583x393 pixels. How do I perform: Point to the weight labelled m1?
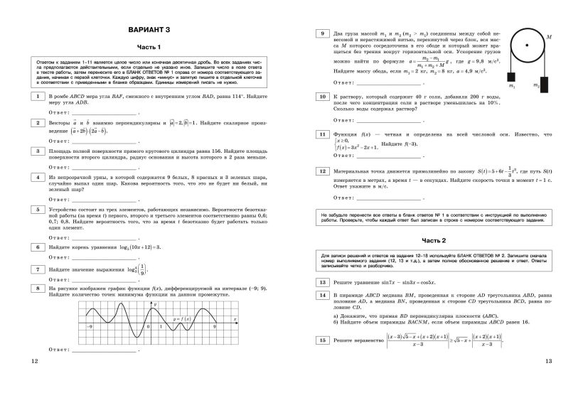coord(510,76)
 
